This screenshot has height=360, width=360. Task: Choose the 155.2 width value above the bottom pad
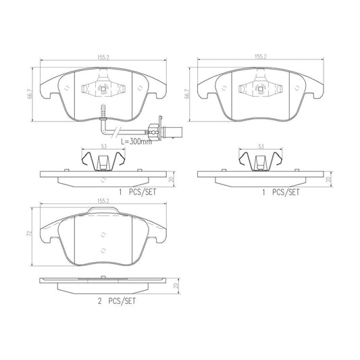pyautogui.click(x=103, y=200)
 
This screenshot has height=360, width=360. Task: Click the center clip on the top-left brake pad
pyautogui.click(x=101, y=89)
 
